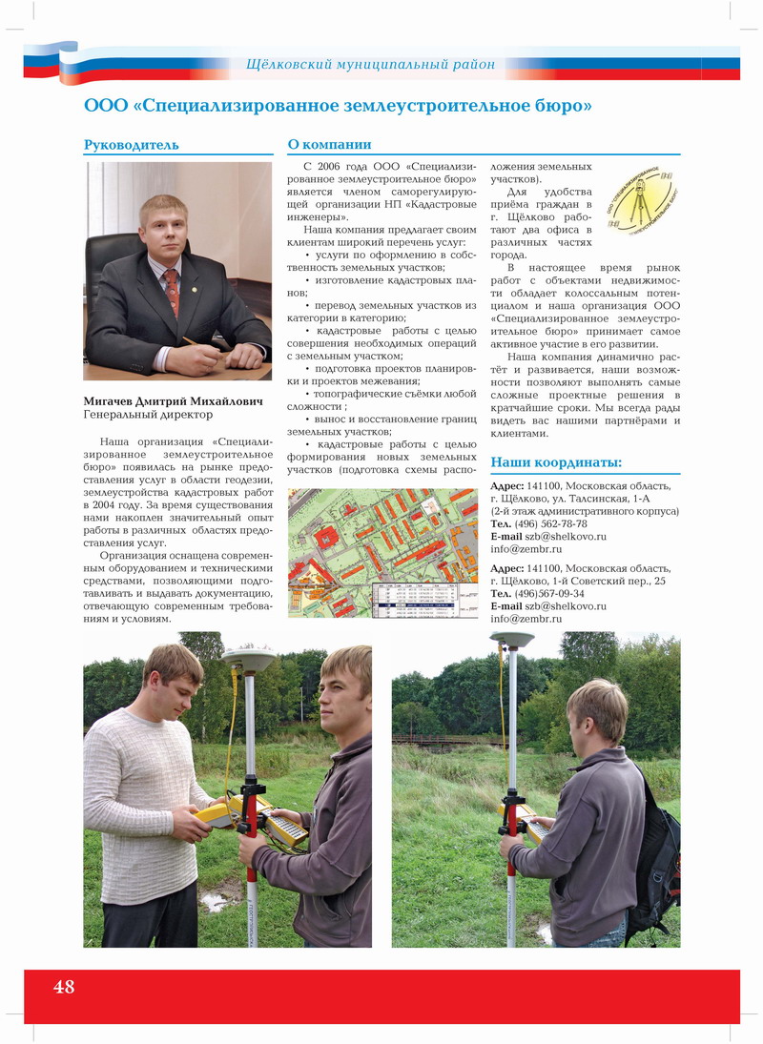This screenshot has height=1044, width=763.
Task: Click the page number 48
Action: (x=64, y=987)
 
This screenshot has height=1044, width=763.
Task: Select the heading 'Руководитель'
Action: (x=132, y=145)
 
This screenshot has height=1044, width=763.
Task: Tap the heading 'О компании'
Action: (x=329, y=145)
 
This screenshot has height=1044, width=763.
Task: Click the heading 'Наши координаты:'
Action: (x=556, y=463)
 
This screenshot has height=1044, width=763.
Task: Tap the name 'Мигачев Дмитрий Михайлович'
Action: (x=173, y=401)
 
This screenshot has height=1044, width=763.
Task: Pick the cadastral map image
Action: (x=383, y=553)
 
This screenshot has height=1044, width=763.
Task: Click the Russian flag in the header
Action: (x=52, y=60)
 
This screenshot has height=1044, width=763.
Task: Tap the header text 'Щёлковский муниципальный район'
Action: (x=370, y=65)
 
